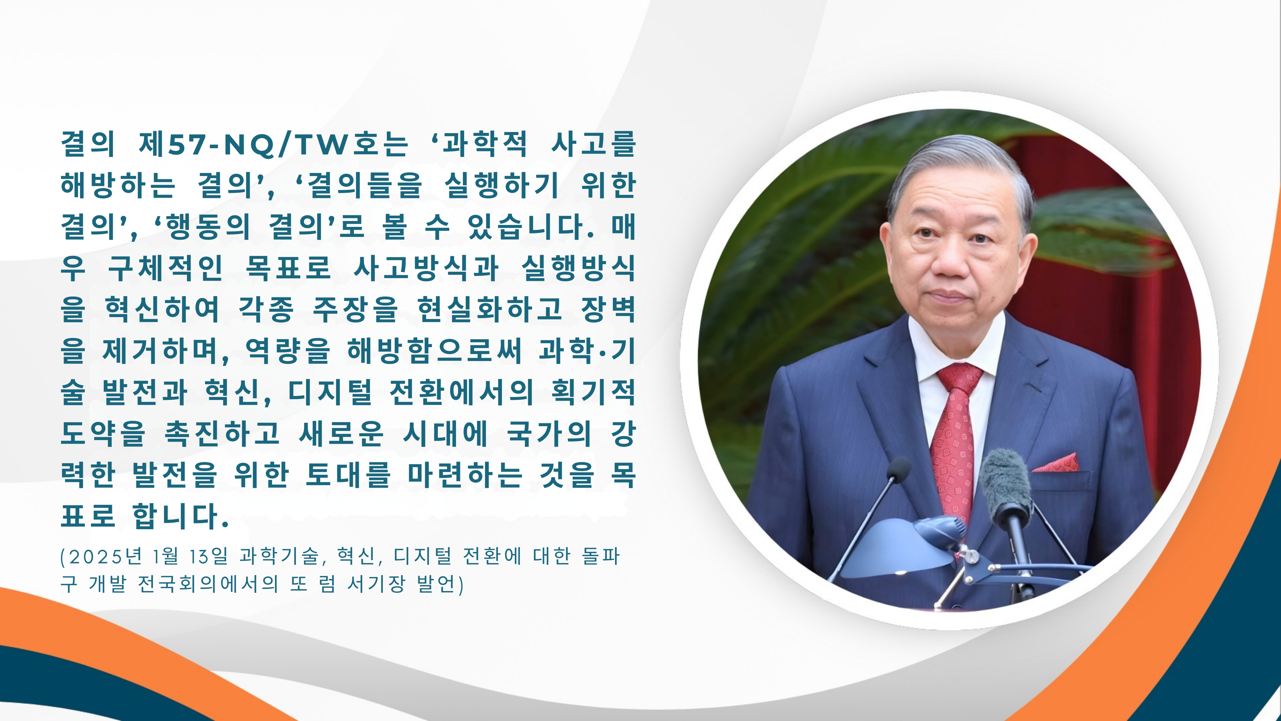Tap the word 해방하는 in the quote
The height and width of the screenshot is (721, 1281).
point(118,185)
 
